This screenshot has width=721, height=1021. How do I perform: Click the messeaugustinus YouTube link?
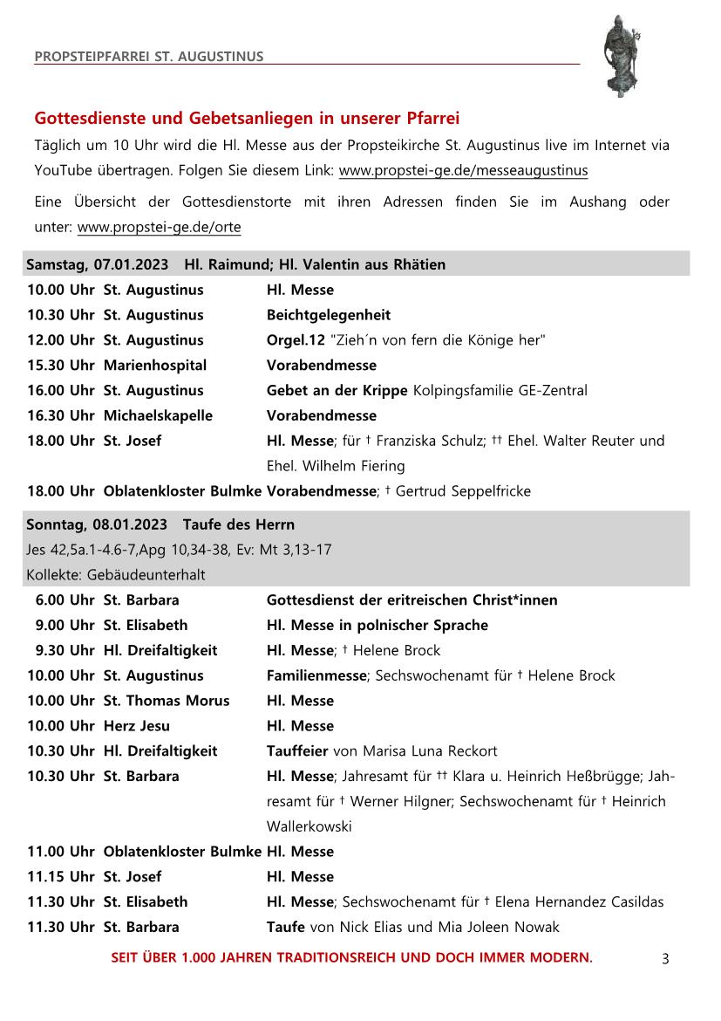[463, 170]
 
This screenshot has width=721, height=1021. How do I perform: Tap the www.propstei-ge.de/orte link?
[159, 228]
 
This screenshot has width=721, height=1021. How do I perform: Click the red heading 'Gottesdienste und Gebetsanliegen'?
[247, 118]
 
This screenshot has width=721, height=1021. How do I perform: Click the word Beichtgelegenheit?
[329, 315]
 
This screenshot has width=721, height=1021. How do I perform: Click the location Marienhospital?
[155, 365]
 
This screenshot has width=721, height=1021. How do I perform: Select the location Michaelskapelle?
[158, 415]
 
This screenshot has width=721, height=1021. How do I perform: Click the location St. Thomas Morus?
[167, 701]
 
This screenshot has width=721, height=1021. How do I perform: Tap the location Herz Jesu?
[137, 726]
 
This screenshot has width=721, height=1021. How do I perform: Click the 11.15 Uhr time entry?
[60, 877]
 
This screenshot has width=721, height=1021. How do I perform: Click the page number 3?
[665, 959]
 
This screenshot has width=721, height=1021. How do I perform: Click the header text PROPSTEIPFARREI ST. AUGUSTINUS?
[149, 58]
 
